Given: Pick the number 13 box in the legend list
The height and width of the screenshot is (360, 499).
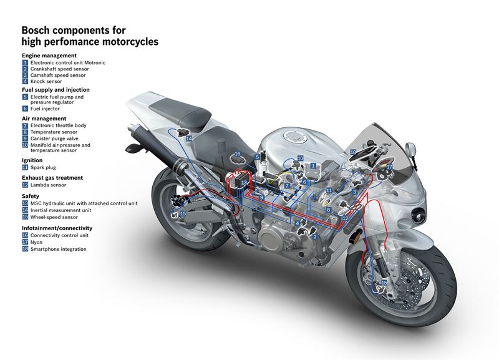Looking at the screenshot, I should point(25,203).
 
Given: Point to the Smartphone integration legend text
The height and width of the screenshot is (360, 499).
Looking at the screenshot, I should point(58,249).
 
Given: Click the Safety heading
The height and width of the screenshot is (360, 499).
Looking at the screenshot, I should point(31,196).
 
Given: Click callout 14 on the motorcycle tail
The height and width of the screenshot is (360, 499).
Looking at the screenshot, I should point(188,138).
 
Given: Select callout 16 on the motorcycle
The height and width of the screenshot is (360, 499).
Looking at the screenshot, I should point(237,153).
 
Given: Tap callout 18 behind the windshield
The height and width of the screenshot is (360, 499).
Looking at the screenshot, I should point(353,152).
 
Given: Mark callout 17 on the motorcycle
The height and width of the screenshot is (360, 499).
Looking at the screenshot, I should point(389,167).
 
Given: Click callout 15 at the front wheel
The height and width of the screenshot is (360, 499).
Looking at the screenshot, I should point(384,283).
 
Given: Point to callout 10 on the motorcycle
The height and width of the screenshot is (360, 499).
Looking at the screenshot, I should point(299,159).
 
